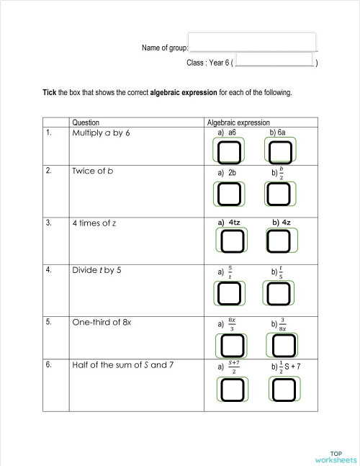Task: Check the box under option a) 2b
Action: (x=229, y=193)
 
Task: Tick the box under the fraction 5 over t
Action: (x=229, y=292)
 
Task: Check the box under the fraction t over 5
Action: (x=281, y=292)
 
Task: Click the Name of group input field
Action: (x=252, y=42)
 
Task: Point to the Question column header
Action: (x=86, y=123)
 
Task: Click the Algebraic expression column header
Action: (x=238, y=123)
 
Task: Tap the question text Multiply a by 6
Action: (x=101, y=133)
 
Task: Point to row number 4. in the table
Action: (x=48, y=270)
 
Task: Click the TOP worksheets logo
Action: (x=336, y=456)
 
